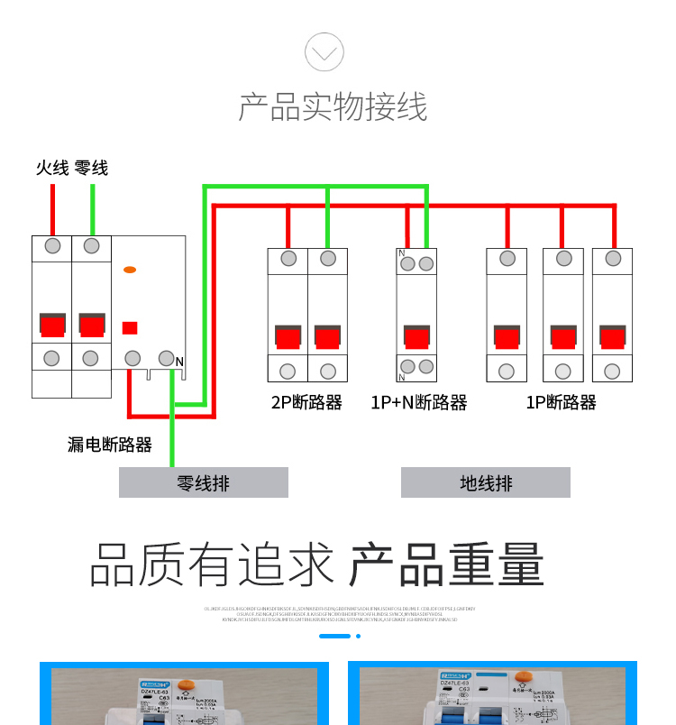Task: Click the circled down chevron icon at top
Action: click(x=324, y=51)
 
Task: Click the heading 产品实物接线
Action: click(x=333, y=106)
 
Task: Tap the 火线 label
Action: click(x=52, y=168)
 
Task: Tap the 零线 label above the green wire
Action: click(x=91, y=168)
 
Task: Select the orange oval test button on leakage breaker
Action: click(x=130, y=269)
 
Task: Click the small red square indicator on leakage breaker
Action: click(x=130, y=328)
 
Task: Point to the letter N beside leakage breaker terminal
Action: click(x=179, y=362)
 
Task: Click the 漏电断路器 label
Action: click(x=110, y=445)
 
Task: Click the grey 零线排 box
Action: click(x=204, y=482)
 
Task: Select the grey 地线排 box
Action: click(x=486, y=482)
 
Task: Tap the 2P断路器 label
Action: click(x=306, y=402)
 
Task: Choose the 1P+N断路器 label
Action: click(x=418, y=402)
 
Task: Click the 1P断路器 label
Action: click(x=561, y=402)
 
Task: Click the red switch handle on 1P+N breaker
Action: click(x=416, y=337)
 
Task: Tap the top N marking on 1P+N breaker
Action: click(x=401, y=253)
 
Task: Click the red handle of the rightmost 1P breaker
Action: click(x=613, y=337)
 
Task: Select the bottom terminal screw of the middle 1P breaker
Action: click(x=563, y=371)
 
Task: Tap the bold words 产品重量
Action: click(x=447, y=565)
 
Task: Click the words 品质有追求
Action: click(x=212, y=565)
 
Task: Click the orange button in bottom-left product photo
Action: click(x=187, y=686)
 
